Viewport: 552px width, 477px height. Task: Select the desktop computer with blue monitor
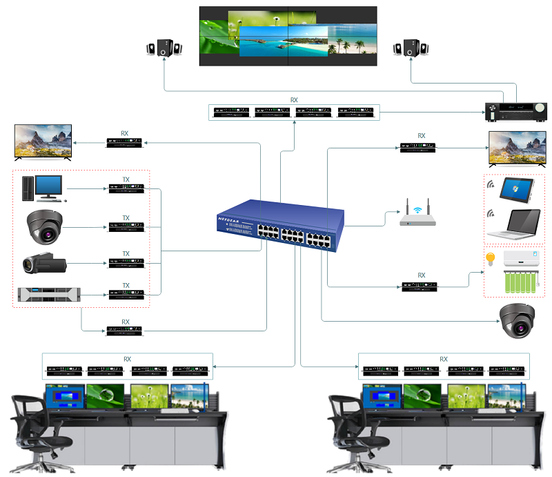click(x=43, y=188)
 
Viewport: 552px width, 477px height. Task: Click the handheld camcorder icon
click(x=43, y=263)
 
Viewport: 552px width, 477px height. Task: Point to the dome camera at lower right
click(x=518, y=320)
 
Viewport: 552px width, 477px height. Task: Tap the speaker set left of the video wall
click(x=164, y=49)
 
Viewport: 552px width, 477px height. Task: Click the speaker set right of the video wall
click(x=412, y=49)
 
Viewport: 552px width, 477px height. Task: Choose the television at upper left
click(x=43, y=142)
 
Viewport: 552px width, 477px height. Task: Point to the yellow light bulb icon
click(x=491, y=260)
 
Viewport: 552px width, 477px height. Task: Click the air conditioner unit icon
click(x=522, y=259)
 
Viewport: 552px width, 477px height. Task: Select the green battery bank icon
click(x=522, y=283)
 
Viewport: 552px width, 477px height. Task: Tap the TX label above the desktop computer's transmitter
click(x=126, y=179)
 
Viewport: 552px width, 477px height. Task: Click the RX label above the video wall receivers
click(x=294, y=100)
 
